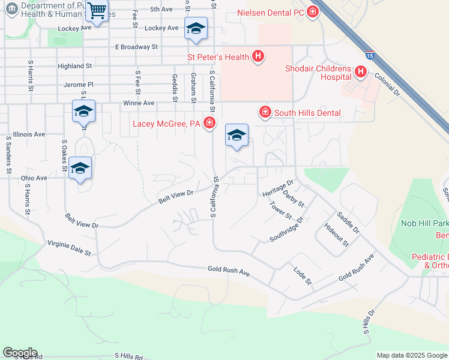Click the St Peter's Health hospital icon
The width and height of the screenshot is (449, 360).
click(x=258, y=57)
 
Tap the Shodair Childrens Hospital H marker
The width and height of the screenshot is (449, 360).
click(x=361, y=73)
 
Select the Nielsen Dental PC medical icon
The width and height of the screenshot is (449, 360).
click(x=312, y=12)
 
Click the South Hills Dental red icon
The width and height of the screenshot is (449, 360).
click(x=264, y=112)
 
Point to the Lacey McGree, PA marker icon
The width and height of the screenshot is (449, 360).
click(x=209, y=124)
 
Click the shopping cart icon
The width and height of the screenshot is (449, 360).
click(x=96, y=10)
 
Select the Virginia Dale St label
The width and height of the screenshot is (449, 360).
click(x=69, y=248)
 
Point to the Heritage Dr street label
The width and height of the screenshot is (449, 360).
click(x=278, y=187)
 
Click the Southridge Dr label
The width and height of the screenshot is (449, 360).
click(x=287, y=229)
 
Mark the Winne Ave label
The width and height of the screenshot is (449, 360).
click(x=138, y=103)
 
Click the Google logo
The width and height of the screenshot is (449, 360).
click(x=20, y=353)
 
